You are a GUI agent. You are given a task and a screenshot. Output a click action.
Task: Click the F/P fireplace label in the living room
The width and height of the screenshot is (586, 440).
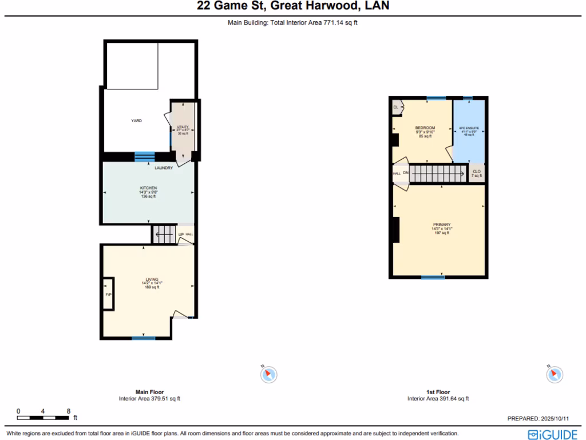[108, 294]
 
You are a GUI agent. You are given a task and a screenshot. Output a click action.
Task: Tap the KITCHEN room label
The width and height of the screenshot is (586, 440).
[148, 188]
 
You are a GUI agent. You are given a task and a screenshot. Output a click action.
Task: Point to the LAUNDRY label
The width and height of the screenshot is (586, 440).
[164, 168]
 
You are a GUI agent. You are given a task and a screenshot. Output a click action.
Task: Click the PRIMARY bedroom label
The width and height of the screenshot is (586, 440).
[441, 225]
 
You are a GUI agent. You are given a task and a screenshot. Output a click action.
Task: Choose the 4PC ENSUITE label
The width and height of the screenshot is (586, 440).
[469, 128]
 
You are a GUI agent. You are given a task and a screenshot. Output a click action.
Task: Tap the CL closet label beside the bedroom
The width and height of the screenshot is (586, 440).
[395, 107]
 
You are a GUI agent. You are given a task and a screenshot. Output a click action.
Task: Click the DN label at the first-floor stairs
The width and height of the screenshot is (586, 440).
[405, 172]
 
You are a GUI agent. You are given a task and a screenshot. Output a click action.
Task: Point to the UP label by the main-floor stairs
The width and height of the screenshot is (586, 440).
[181, 234]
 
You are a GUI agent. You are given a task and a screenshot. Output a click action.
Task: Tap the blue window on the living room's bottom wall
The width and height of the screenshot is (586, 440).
[144, 338]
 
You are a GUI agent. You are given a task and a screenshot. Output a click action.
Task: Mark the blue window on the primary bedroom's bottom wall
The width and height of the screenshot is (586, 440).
[433, 277]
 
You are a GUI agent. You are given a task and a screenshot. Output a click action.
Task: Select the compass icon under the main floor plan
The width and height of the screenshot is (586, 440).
[268, 374]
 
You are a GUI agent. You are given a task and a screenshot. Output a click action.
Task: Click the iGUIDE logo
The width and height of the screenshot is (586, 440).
[552, 434]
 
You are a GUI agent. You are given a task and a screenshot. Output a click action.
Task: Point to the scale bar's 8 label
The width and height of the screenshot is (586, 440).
[68, 411]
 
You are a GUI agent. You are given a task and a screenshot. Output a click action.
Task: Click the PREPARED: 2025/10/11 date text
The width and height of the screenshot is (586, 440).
[542, 419]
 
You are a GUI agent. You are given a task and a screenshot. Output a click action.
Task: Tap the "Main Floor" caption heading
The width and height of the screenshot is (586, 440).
[149, 392]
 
